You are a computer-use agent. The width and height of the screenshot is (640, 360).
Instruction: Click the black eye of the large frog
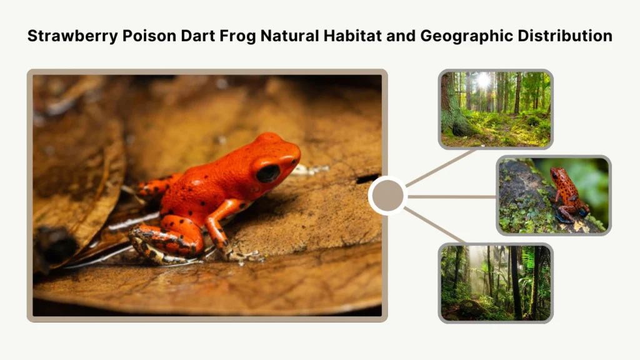tap(268, 172)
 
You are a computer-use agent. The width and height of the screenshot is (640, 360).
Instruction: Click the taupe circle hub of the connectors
tap(387, 196)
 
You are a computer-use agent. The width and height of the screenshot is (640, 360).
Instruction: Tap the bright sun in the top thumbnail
tap(482, 80)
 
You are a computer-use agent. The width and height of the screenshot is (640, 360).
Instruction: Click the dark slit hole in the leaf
tap(368, 179)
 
